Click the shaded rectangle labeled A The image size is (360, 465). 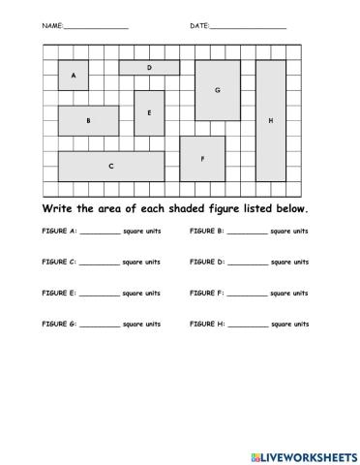click(74, 76)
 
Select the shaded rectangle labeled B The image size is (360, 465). click(88, 121)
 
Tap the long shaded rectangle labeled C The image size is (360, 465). click(111, 166)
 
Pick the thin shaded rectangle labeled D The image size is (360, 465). click(149, 68)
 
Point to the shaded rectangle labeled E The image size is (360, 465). click(149, 113)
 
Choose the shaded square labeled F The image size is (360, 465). click(202, 158)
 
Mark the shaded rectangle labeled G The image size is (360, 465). click(218, 90)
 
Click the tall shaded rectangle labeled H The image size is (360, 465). click(271, 120)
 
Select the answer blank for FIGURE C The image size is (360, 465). click(100, 263)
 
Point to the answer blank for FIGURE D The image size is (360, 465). click(248, 263)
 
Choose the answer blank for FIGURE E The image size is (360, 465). click(100, 294)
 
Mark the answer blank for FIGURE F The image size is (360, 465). click(248, 294)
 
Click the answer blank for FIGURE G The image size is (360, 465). click(101, 324)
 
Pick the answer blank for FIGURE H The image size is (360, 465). click(248, 324)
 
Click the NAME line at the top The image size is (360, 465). click(96, 27)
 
